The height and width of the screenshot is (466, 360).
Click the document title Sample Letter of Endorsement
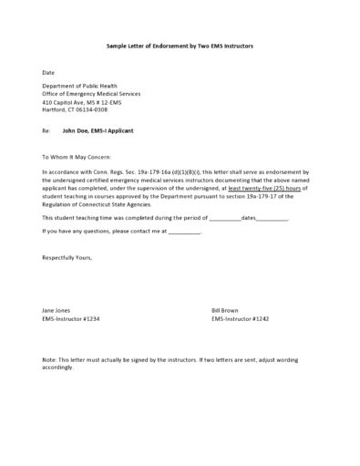pyautogui.click(x=180, y=45)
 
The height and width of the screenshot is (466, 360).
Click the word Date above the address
pyautogui.click(x=48, y=71)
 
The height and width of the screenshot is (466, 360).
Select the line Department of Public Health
pyautogui.click(x=80, y=86)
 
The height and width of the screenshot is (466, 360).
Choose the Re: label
pyautogui.click(x=46, y=130)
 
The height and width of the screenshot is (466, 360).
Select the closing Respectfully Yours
pyautogui.click(x=67, y=258)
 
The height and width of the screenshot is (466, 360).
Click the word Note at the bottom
pyautogui.click(x=50, y=361)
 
